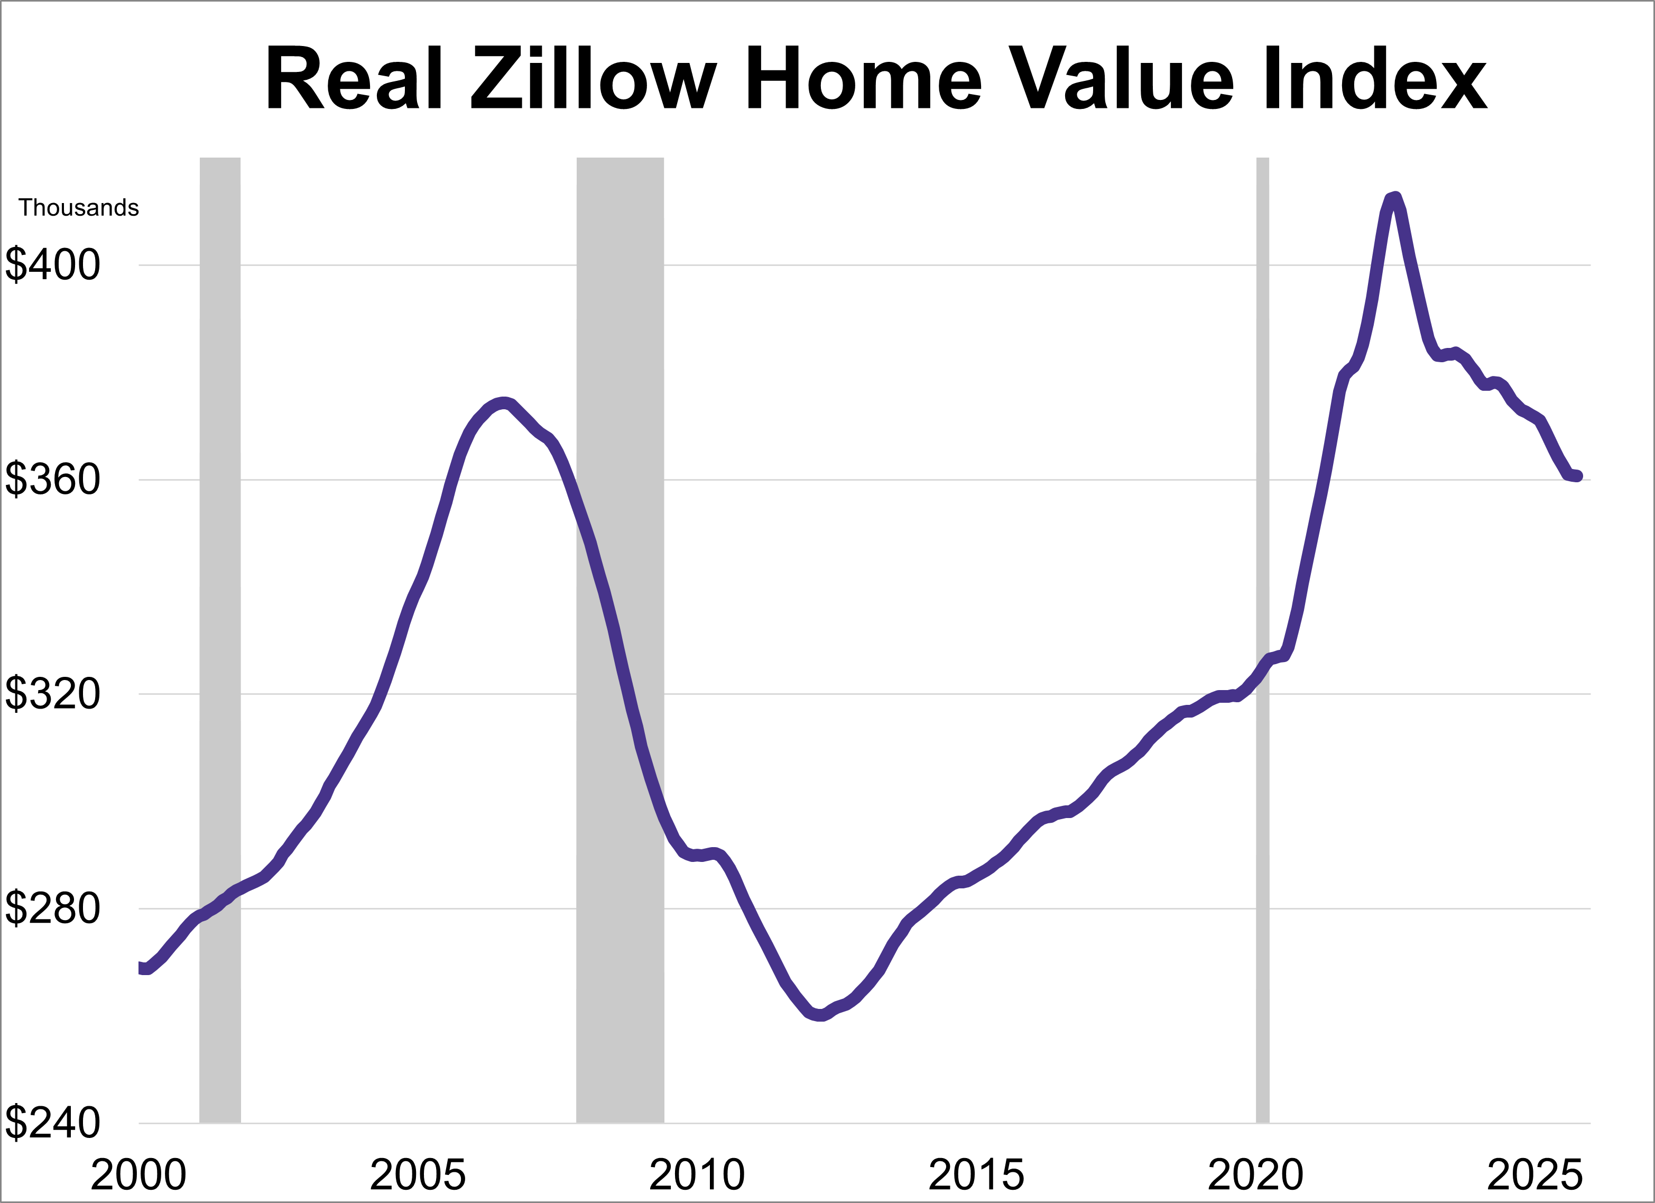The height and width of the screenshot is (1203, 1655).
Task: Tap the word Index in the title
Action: point(1375,79)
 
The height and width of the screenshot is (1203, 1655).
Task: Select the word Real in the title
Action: point(355,79)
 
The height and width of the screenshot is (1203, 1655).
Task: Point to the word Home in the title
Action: point(864,79)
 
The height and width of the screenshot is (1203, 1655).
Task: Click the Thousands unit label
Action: point(79,208)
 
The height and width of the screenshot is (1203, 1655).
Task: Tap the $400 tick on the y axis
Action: point(52,265)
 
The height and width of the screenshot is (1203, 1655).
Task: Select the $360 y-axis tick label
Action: point(52,480)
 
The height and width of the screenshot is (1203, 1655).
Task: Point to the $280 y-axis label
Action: point(52,909)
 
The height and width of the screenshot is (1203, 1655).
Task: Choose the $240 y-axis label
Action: point(52,1123)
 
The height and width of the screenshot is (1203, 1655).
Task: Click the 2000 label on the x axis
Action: point(138,1176)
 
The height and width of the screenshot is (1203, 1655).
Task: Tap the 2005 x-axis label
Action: point(418,1176)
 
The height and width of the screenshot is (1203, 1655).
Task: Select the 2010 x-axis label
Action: point(697,1176)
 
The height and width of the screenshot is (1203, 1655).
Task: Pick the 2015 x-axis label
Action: point(976,1176)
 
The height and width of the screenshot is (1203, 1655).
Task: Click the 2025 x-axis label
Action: point(1534,1176)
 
